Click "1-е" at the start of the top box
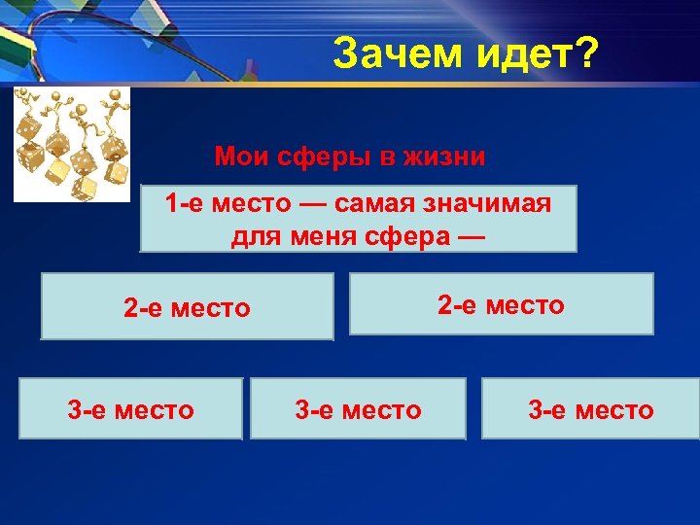pos(184,204)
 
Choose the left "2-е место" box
pos(187,308)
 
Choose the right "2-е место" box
pos(501,304)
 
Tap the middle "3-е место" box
pos(358,409)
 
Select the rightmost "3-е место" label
pos(590,409)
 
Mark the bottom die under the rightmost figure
pos(117,172)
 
